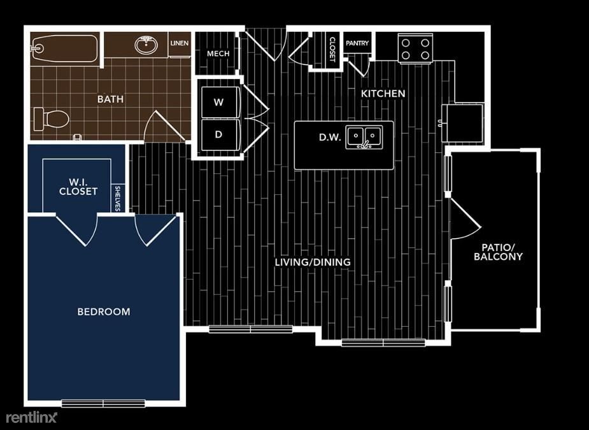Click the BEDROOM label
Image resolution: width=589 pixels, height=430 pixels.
(x=104, y=312)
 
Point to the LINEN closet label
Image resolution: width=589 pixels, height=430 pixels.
(x=179, y=44)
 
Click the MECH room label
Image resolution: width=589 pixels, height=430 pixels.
(x=218, y=54)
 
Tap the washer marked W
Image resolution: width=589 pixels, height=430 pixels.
(x=218, y=102)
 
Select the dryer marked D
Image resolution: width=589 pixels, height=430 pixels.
(x=218, y=134)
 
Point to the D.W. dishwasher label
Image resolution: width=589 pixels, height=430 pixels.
(x=330, y=137)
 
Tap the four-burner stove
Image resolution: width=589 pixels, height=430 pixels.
(x=415, y=48)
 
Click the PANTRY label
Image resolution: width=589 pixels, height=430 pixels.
(x=357, y=43)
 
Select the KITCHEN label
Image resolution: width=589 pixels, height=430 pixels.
(x=383, y=94)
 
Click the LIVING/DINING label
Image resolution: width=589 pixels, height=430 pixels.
(x=313, y=262)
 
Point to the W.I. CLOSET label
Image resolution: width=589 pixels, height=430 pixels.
(x=78, y=186)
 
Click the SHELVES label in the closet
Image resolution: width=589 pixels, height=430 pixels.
(x=118, y=198)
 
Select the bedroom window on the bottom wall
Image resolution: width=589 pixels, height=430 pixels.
(x=103, y=403)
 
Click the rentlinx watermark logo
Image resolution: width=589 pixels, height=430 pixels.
(x=32, y=417)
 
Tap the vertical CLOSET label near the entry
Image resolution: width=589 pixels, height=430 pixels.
(x=332, y=49)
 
